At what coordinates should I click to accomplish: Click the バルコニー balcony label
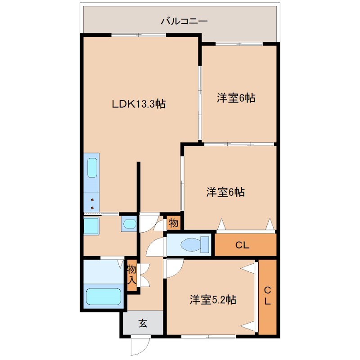184,21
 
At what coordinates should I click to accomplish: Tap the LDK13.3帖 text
139,104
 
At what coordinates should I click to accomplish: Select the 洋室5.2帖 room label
213,299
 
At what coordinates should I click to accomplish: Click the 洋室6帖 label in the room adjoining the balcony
236,98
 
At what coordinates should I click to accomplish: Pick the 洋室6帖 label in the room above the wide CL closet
225,192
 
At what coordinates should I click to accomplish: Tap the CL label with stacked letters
267,296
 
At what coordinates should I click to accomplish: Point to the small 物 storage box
173,223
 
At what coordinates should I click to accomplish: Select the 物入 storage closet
131,275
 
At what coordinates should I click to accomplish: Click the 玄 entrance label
143,323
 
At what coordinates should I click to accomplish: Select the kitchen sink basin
92,168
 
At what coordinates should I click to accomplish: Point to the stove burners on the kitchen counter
92,203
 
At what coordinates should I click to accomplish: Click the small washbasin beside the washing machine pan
129,224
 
